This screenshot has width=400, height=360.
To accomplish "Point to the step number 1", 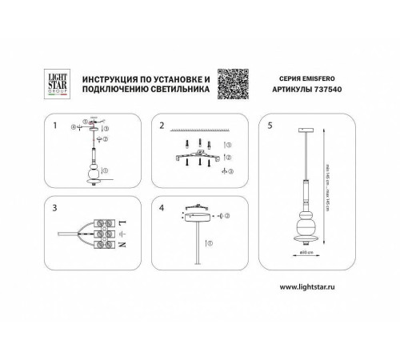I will [55, 126].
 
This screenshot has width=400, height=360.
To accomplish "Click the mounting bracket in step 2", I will [196, 154].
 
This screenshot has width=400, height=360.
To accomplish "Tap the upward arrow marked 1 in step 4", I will [206, 241].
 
